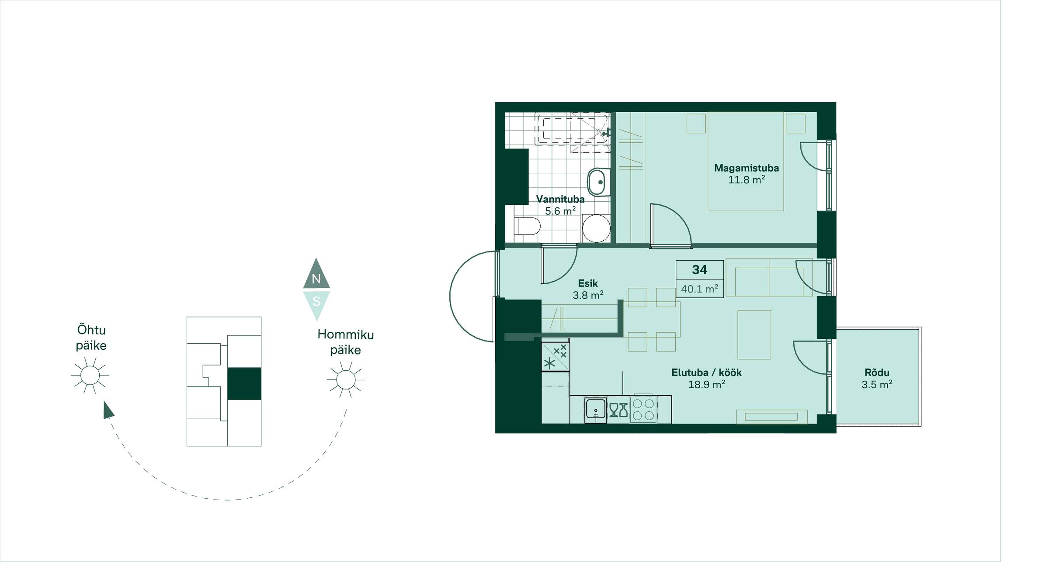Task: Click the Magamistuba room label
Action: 746,168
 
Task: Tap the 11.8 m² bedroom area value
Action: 746,179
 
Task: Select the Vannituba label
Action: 560,200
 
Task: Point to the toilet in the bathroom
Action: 528,226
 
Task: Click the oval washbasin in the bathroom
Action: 598,182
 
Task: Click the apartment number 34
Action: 699,270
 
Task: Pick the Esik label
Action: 588,283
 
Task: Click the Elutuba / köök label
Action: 706,372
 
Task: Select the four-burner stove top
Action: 643,410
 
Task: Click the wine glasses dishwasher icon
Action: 618,410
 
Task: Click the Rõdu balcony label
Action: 877,372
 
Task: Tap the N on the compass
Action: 316,279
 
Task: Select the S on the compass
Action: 316,301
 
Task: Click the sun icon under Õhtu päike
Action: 90,375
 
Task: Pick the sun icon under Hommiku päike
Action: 346,379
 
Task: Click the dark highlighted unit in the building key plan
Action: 244,383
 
